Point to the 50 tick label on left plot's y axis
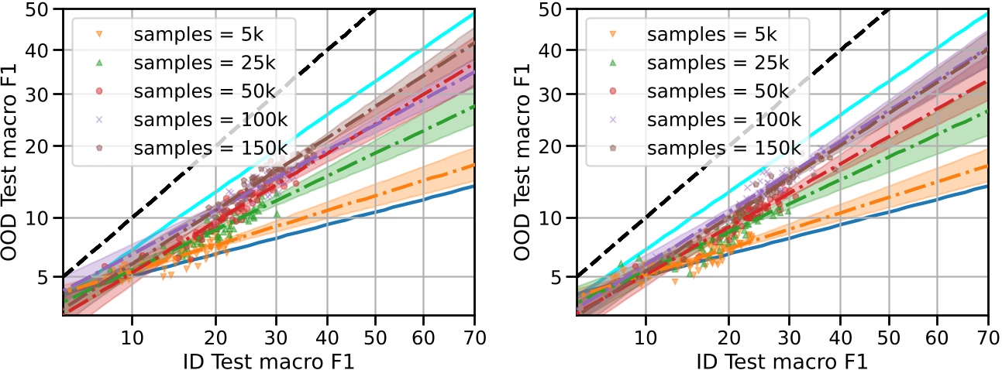coord(40,9)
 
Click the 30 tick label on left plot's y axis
coord(40,94)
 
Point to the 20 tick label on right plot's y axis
coord(554,146)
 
